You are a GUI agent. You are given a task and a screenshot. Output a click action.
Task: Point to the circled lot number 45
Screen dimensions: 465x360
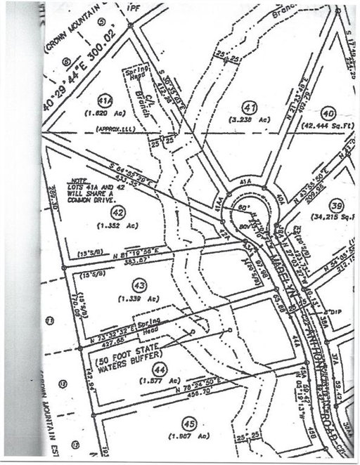188,423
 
